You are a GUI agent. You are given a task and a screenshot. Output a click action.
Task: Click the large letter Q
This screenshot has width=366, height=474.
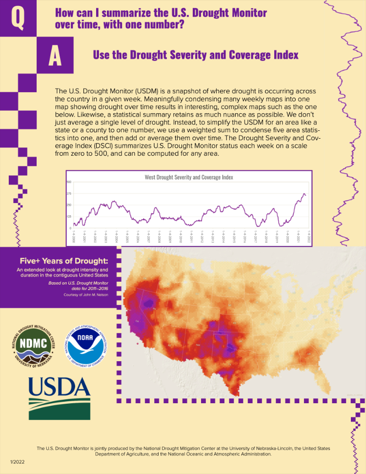pyautogui.click(x=17, y=18)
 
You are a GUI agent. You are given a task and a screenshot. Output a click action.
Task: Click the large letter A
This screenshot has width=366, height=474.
pyautogui.click(x=55, y=55)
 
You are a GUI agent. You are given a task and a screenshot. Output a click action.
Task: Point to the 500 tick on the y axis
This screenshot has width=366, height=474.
pyautogui.click(x=69, y=182)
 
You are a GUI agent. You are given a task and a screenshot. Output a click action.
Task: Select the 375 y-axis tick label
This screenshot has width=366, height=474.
pyautogui.click(x=69, y=193)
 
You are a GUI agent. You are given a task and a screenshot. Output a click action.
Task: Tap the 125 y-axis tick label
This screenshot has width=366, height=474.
pyautogui.click(x=69, y=216)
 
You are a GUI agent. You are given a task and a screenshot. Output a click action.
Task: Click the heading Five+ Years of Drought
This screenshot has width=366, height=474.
pyautogui.click(x=63, y=260)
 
